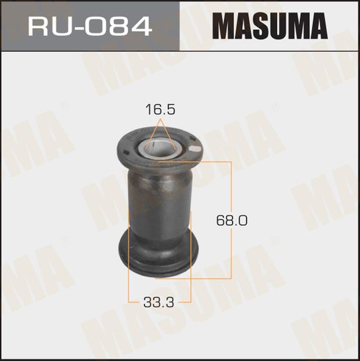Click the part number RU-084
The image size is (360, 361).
tap(90, 25)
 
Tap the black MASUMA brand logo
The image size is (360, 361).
tap(269, 26)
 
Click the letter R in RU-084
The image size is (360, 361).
tap(39, 25)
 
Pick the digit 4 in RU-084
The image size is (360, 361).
tap(140, 25)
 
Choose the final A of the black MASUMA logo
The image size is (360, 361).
tap(318, 26)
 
